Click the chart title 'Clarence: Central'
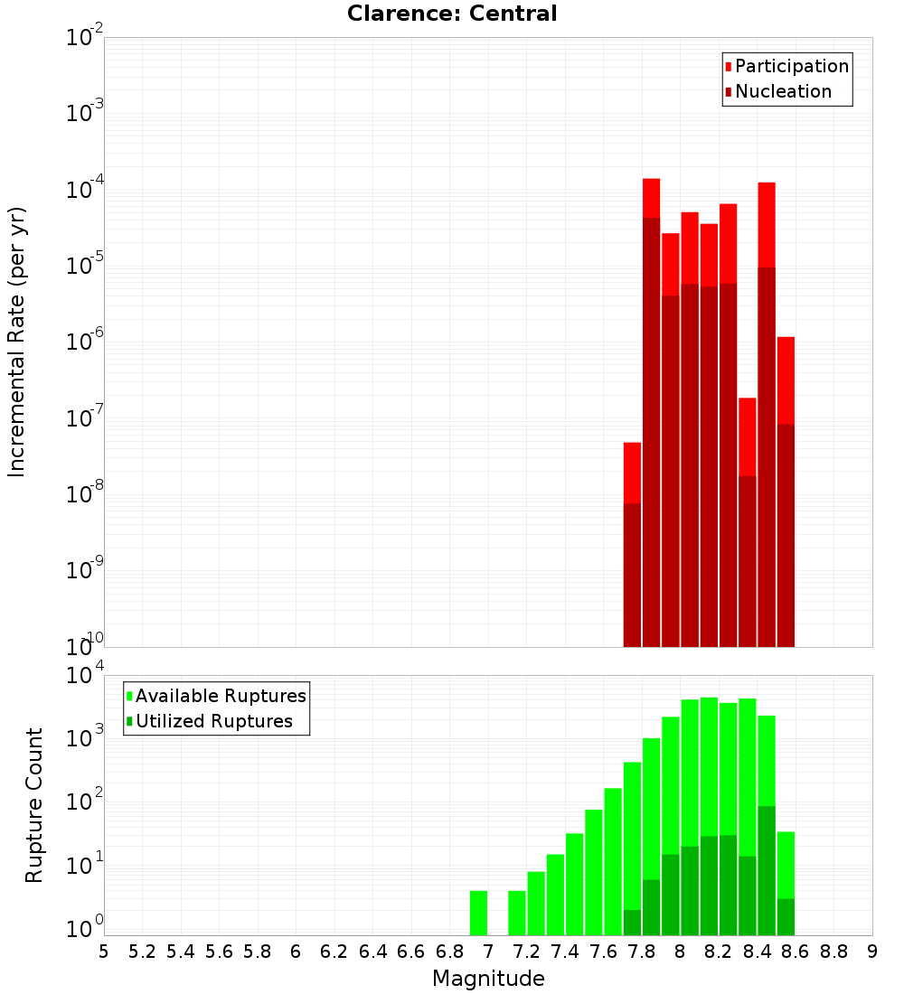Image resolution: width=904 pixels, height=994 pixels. [x=452, y=14]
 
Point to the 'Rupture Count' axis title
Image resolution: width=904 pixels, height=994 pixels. [x=34, y=804]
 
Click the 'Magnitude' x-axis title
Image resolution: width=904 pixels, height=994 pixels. [x=488, y=979]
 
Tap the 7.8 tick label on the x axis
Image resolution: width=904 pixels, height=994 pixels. [x=642, y=952]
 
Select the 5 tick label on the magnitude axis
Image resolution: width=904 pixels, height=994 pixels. [x=104, y=952]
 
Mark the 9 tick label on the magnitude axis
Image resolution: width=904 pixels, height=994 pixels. [x=872, y=952]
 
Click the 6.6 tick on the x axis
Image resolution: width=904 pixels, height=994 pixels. [x=411, y=952]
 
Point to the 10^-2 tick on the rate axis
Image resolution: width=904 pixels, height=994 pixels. [x=85, y=38]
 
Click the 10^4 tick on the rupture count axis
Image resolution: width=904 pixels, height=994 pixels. [x=85, y=676]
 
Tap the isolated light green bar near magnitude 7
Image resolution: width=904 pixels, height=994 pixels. [x=478, y=913]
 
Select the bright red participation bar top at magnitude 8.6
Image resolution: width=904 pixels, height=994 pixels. [x=786, y=380]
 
